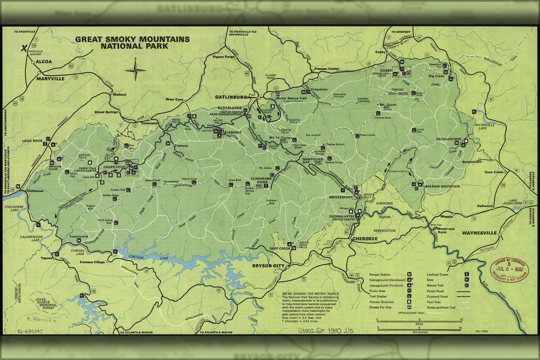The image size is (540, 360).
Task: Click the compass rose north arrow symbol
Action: point(135,69)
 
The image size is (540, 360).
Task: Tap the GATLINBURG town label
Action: point(231,97)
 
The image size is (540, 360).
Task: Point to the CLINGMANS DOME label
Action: point(260,180)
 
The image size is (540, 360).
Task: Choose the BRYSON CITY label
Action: point(268,266)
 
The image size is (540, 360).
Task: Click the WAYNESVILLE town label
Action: point(479,233)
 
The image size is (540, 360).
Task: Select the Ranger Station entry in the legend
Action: point(380,275)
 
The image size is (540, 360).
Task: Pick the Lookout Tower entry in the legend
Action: point(437,275)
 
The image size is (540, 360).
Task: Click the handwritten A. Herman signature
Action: point(41,320)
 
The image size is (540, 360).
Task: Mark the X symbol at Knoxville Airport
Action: point(24,48)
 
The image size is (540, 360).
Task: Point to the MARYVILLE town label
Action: point(50,78)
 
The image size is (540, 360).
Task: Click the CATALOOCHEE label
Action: point(448,139)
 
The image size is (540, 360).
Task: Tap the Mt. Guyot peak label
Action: point(388,105)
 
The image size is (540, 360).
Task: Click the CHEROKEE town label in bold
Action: point(365,239)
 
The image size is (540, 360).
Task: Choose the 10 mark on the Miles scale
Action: point(461,320)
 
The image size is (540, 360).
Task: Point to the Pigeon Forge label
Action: point(223,57)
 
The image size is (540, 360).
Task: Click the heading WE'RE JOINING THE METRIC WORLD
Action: point(310,294)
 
